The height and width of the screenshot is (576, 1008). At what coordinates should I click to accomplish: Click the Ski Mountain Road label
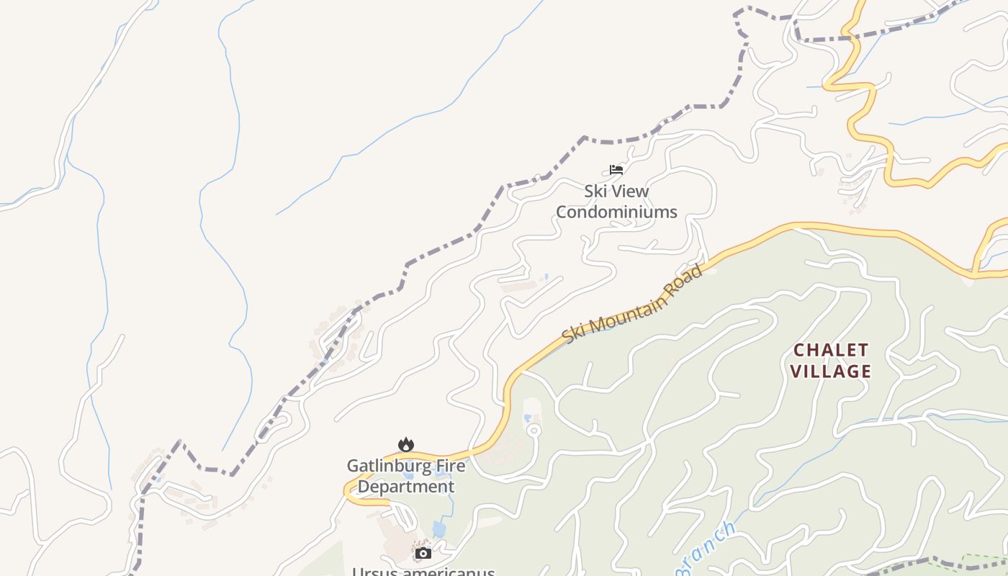click(632, 305)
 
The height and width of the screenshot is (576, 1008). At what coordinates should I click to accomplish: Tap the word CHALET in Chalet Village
click(831, 351)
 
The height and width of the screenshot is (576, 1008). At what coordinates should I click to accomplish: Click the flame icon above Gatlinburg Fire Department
click(406, 445)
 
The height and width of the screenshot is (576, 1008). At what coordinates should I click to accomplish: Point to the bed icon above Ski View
click(616, 170)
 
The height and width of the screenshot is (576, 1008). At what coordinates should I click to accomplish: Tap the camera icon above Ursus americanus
click(423, 553)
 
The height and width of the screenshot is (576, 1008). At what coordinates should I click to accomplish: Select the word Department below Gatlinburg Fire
click(406, 487)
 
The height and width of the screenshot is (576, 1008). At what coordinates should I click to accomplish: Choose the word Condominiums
click(616, 212)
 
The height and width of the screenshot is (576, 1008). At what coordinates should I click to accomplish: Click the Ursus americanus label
click(423, 572)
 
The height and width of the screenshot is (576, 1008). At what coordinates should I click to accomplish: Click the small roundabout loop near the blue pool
click(534, 431)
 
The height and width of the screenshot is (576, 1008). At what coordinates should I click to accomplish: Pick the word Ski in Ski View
click(595, 192)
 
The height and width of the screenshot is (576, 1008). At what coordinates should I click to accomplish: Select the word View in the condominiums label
click(630, 192)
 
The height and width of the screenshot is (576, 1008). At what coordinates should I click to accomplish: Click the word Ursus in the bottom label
click(374, 572)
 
